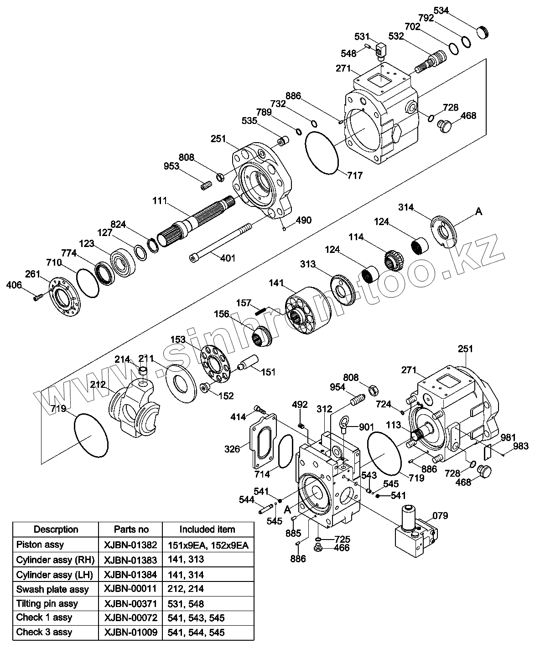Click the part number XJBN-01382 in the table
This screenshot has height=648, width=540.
pos(130,545)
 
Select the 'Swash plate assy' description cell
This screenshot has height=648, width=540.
pos(52,589)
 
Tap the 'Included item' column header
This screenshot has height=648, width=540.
pos(207,529)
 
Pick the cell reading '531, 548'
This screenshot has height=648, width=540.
pos(186,604)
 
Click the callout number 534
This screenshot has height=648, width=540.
pos(441,10)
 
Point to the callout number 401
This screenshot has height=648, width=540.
pos(228,258)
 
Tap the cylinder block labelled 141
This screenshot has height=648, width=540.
pos(307,310)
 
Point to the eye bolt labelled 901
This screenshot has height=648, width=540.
pos(343,424)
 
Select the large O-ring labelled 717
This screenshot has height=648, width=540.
pos(322,153)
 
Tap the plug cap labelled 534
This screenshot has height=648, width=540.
pos(483,33)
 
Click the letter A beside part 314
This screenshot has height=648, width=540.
pos(478,211)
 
